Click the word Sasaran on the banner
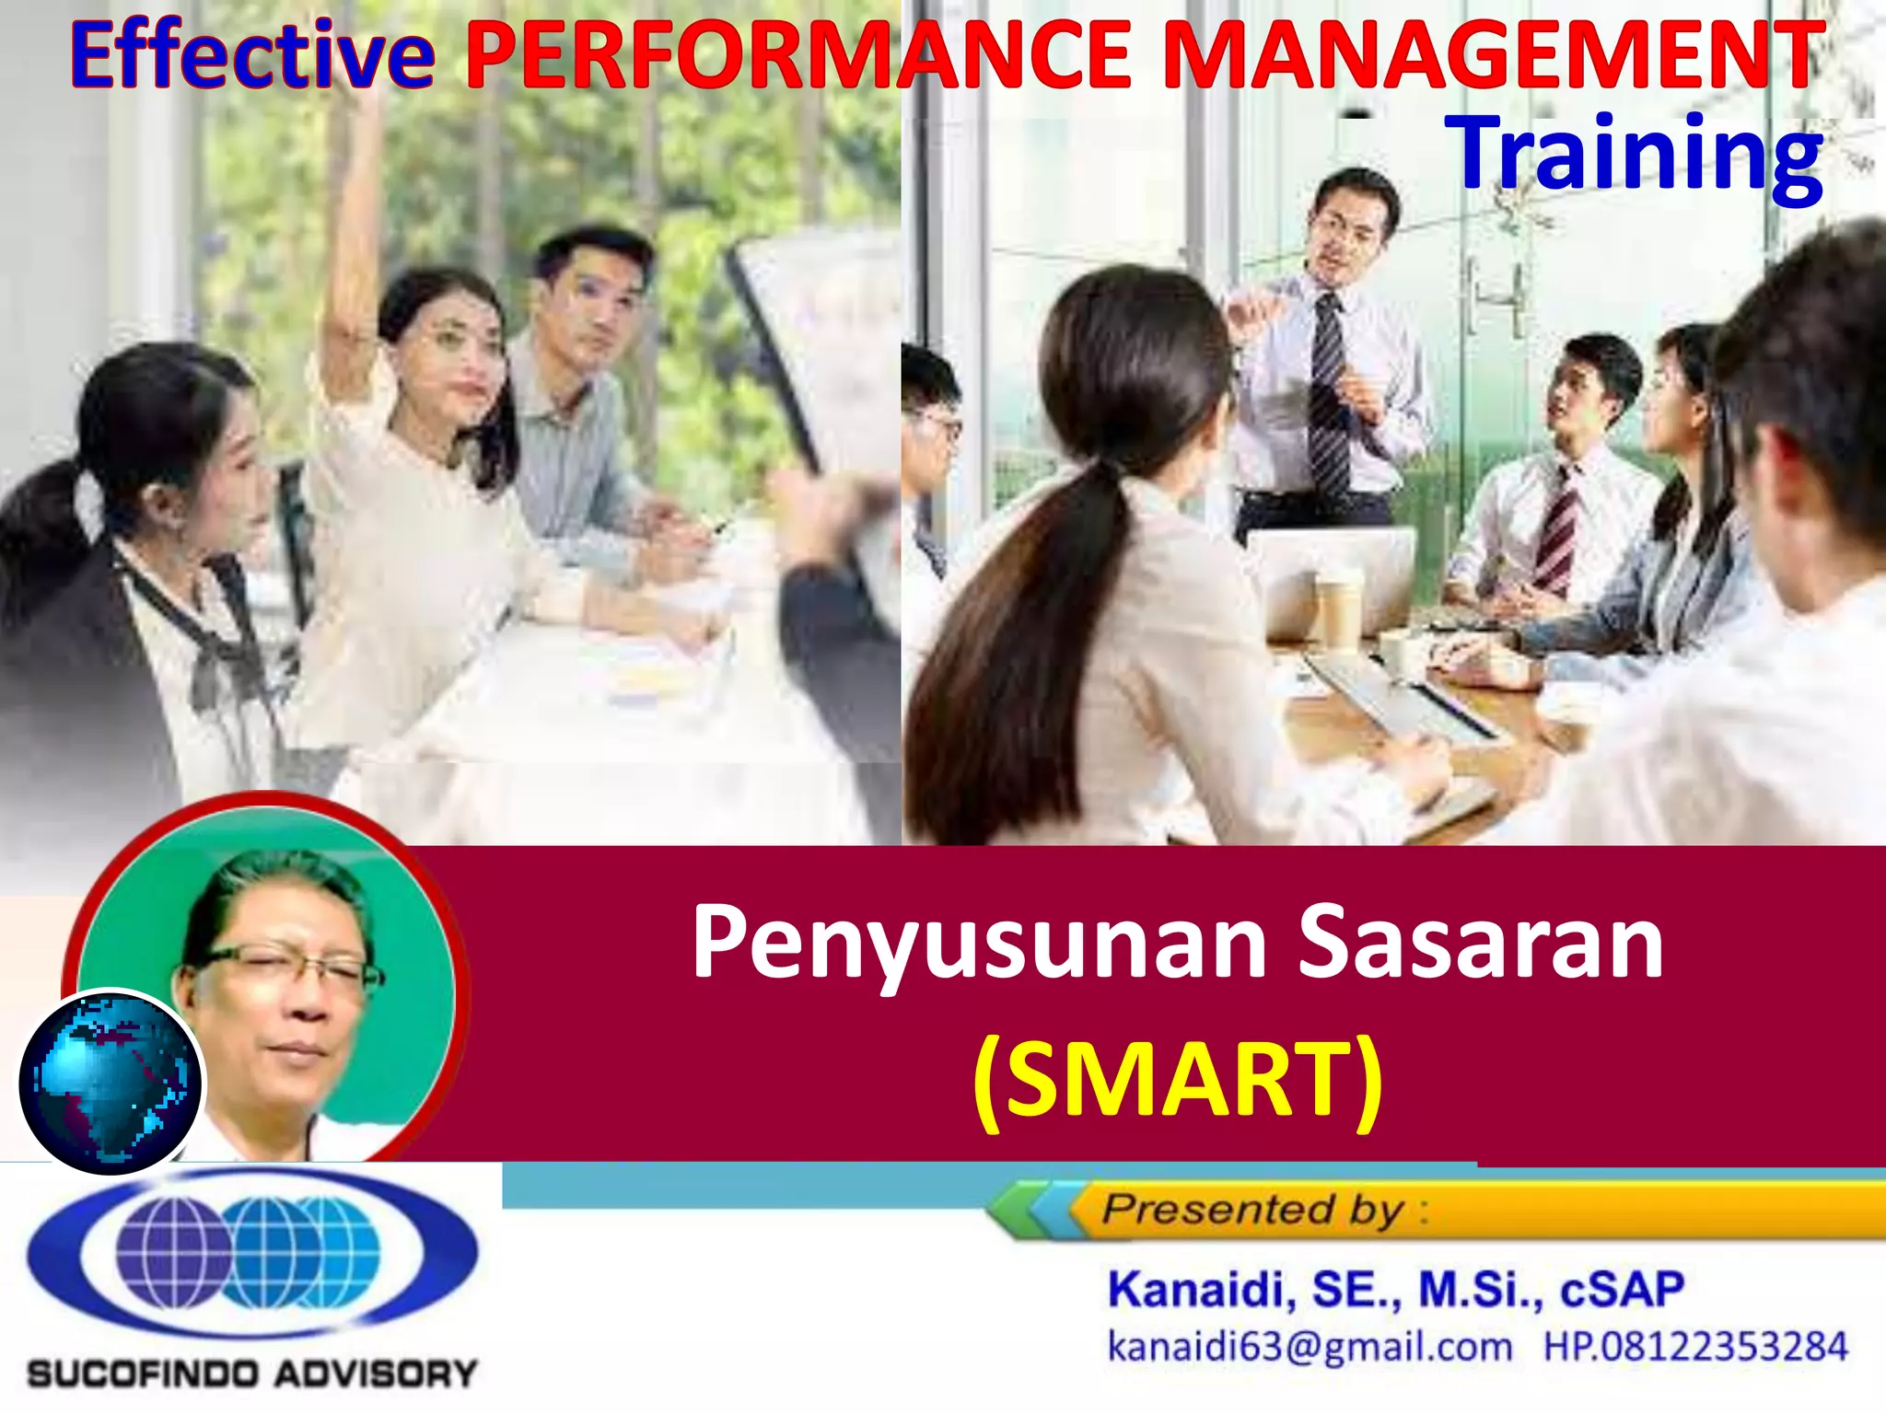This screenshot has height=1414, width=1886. point(1480,942)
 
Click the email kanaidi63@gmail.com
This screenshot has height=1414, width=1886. point(1309,1347)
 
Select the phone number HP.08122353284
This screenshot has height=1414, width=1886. point(1694,1347)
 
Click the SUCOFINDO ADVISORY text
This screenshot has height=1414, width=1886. point(251,1374)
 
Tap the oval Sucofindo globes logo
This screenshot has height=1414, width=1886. point(251,1253)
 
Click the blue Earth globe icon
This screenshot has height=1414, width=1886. point(111,1083)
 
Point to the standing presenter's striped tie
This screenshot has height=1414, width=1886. point(1328,396)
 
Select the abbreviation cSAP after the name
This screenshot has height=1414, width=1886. point(1622,1290)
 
